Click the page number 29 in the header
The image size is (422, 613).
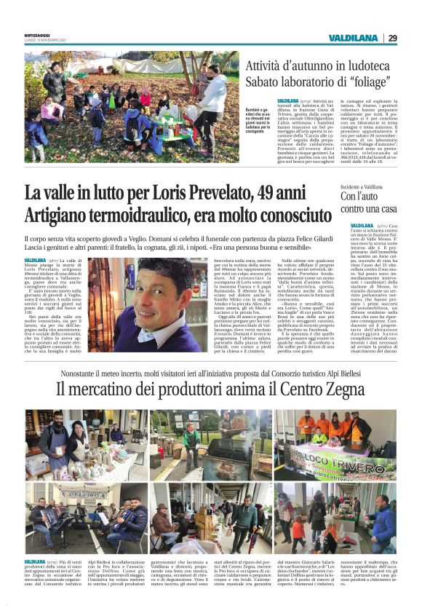pyautogui.click(x=392, y=38)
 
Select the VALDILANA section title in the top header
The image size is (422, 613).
pyautogui.click(x=353, y=38)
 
